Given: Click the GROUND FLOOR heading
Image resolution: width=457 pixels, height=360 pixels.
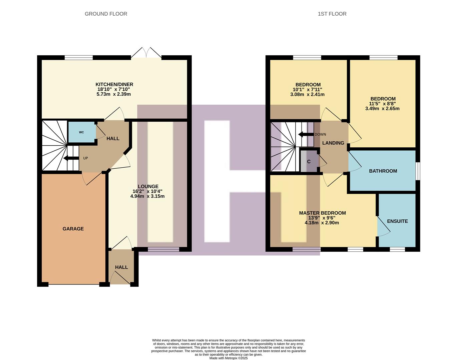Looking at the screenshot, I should click(x=106, y=14).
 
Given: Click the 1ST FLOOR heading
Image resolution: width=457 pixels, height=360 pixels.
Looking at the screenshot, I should click(x=332, y=14).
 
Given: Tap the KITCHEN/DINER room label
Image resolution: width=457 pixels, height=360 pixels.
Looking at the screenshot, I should click(x=114, y=84).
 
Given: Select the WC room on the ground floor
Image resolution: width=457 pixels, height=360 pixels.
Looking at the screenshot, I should click(x=81, y=132).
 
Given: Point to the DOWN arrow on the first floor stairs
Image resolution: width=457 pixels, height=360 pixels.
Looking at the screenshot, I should click(x=305, y=134).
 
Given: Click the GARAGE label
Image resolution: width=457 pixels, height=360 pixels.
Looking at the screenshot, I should click(x=73, y=229).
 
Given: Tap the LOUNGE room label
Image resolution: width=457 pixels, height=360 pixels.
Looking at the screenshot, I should click(x=148, y=186).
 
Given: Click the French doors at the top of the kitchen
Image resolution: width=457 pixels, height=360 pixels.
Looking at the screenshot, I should click(x=146, y=53).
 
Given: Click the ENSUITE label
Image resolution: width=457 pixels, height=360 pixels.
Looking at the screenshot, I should click(x=397, y=221).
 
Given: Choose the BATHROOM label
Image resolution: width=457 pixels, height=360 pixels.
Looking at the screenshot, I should click(x=383, y=171).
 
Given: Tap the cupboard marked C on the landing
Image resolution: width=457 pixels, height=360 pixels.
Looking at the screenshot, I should click(x=309, y=162).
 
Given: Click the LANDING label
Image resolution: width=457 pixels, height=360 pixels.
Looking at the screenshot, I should click(x=333, y=143).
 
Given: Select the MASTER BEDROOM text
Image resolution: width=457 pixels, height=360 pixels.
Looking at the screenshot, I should click(x=322, y=213).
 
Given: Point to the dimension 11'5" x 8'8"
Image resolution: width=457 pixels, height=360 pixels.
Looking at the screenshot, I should click(x=382, y=104).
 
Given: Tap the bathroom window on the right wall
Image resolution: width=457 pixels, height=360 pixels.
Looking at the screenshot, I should click(x=418, y=171).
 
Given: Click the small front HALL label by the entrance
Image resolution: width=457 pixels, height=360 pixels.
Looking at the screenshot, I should click(x=121, y=267).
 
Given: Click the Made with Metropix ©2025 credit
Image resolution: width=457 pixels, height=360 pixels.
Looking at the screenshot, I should click(x=229, y=358).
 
